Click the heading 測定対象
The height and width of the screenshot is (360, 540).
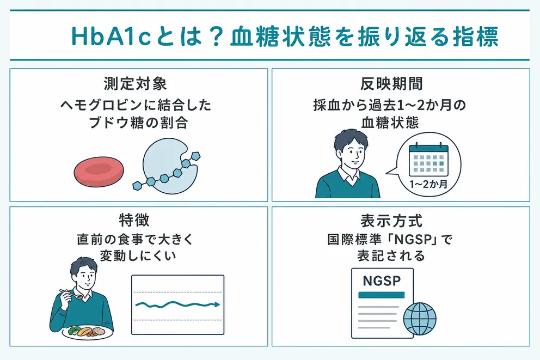[x=136, y=84]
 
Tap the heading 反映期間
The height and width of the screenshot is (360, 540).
[x=391, y=84]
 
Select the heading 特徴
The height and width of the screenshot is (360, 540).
[x=134, y=220]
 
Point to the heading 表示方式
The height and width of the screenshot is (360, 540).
[x=391, y=221]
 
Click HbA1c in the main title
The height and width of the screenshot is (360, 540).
[x=111, y=36]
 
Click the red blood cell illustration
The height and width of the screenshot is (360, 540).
[x=99, y=172]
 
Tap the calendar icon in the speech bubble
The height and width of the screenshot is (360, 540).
[x=428, y=160]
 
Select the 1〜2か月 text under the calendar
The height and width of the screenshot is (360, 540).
[x=428, y=184]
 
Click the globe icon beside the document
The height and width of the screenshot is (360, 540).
[x=420, y=319]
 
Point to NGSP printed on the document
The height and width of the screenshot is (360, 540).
[x=382, y=281]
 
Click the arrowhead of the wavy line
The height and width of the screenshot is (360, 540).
[x=217, y=304]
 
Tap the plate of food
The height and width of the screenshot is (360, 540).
[x=88, y=332]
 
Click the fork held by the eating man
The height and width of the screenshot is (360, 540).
[x=71, y=294]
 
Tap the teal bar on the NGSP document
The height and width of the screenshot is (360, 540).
[x=381, y=295]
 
